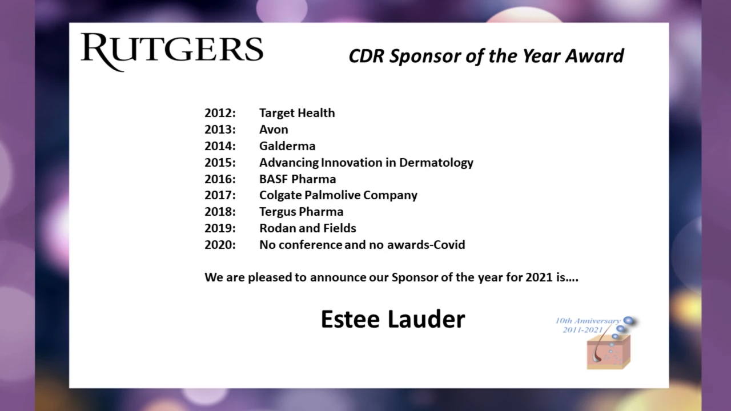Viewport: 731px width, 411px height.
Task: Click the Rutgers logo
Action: (172, 52)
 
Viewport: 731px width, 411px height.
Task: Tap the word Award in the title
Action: (595, 56)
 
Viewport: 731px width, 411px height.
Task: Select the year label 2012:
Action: (220, 113)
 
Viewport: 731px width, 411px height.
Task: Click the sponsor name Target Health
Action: (297, 113)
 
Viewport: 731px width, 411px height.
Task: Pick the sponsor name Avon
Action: (274, 130)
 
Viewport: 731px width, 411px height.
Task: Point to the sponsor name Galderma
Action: (287, 146)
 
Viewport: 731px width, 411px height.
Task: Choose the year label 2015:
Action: (220, 163)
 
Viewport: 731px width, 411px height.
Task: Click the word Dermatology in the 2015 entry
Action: (436, 163)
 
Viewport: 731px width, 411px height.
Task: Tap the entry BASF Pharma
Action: (298, 179)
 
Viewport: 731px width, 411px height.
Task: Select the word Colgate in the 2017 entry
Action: (280, 195)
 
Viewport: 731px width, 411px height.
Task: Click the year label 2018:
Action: (220, 212)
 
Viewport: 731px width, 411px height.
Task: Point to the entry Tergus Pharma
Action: (301, 212)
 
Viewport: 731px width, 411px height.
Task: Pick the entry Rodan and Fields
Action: (308, 228)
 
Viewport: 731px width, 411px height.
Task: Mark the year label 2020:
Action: (220, 245)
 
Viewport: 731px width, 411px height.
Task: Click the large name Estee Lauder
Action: (393, 319)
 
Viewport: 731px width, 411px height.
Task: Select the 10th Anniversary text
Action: (588, 321)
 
